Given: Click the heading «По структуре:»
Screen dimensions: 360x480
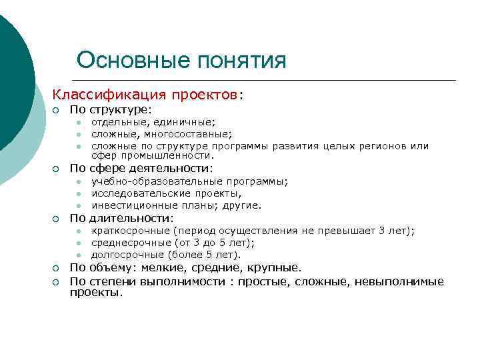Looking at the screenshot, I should (x=111, y=109).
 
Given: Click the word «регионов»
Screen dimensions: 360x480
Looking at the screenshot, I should (x=384, y=145).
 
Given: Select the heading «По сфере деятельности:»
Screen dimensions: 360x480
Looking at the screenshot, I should (x=142, y=168).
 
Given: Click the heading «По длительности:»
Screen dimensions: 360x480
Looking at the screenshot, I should (x=121, y=218).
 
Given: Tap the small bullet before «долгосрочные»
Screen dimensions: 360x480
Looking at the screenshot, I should (x=78, y=255).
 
